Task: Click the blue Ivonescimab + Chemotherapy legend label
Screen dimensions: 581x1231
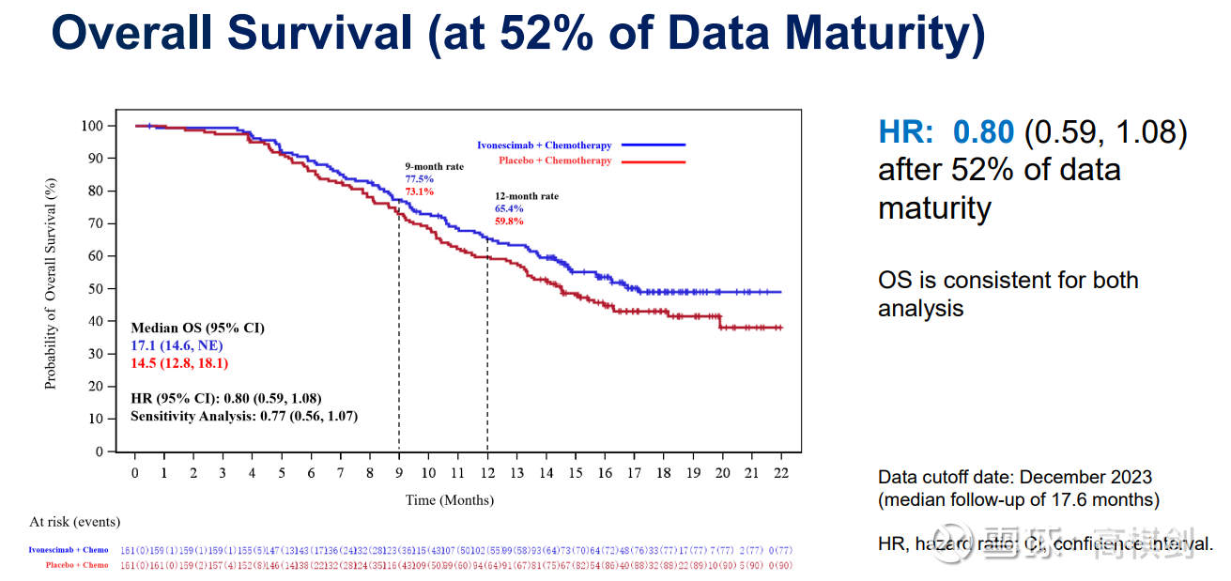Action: pyautogui.click(x=544, y=145)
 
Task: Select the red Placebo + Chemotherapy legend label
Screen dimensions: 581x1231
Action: pyautogui.click(x=555, y=161)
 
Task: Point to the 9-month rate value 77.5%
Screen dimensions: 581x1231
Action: pyautogui.click(x=420, y=178)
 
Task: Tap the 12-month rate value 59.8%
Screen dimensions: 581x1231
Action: pyautogui.click(x=509, y=222)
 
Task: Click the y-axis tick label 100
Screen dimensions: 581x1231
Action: pyautogui.click(x=92, y=126)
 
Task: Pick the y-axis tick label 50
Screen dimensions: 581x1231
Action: pyautogui.click(x=96, y=289)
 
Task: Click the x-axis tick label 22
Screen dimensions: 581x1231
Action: pyautogui.click(x=780, y=472)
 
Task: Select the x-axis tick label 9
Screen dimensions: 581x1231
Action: pyautogui.click(x=399, y=472)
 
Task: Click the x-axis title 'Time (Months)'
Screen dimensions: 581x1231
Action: pyautogui.click(x=449, y=500)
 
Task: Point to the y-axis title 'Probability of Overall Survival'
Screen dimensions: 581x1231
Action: pyautogui.click(x=51, y=283)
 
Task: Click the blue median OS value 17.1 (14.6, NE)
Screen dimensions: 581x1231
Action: pyautogui.click(x=177, y=345)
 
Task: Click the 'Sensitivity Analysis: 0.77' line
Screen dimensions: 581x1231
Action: pyautogui.click(x=244, y=415)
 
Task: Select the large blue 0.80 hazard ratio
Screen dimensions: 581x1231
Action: pyautogui.click(x=983, y=131)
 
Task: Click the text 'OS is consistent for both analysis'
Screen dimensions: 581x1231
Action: pyautogui.click(x=1008, y=294)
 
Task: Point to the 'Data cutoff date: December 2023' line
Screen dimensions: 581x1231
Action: pyautogui.click(x=1014, y=477)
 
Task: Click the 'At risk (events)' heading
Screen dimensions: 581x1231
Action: pyautogui.click(x=75, y=522)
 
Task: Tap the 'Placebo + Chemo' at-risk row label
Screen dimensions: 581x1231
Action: pyautogui.click(x=77, y=565)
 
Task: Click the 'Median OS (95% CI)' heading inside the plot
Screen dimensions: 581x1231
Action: pyautogui.click(x=197, y=328)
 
